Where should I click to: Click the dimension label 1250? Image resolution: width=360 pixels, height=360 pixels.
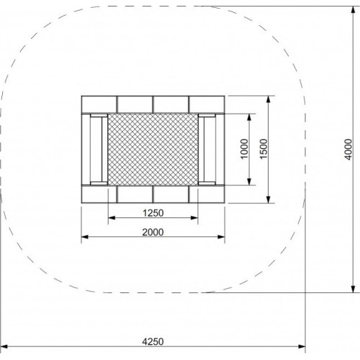153,212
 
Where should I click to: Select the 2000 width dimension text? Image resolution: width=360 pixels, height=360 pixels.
153,231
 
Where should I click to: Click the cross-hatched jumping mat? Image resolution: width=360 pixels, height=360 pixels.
153,149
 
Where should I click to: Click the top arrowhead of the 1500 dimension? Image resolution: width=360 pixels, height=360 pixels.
270,99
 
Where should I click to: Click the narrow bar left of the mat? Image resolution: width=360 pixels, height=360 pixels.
94,149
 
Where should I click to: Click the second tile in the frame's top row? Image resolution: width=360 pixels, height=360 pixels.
135,105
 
